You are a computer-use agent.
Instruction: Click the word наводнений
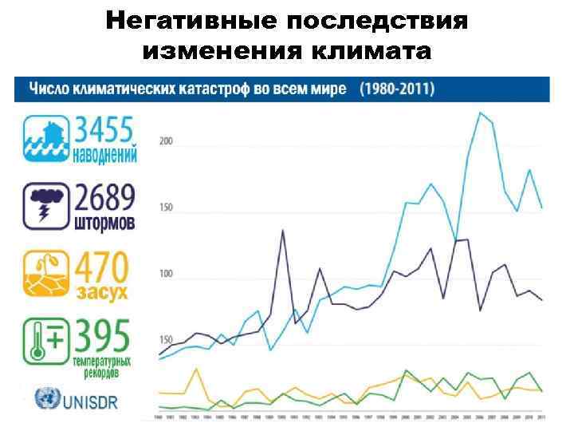[104, 152]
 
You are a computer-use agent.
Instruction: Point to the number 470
[102, 267]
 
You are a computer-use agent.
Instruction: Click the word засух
[102, 291]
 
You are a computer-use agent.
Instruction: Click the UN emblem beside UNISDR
[46, 398]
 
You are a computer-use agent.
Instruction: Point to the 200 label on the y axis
[166, 142]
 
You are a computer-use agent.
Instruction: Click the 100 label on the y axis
[166, 275]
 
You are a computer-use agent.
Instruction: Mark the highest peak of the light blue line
[480, 113]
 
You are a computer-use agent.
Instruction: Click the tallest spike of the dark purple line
[283, 231]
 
